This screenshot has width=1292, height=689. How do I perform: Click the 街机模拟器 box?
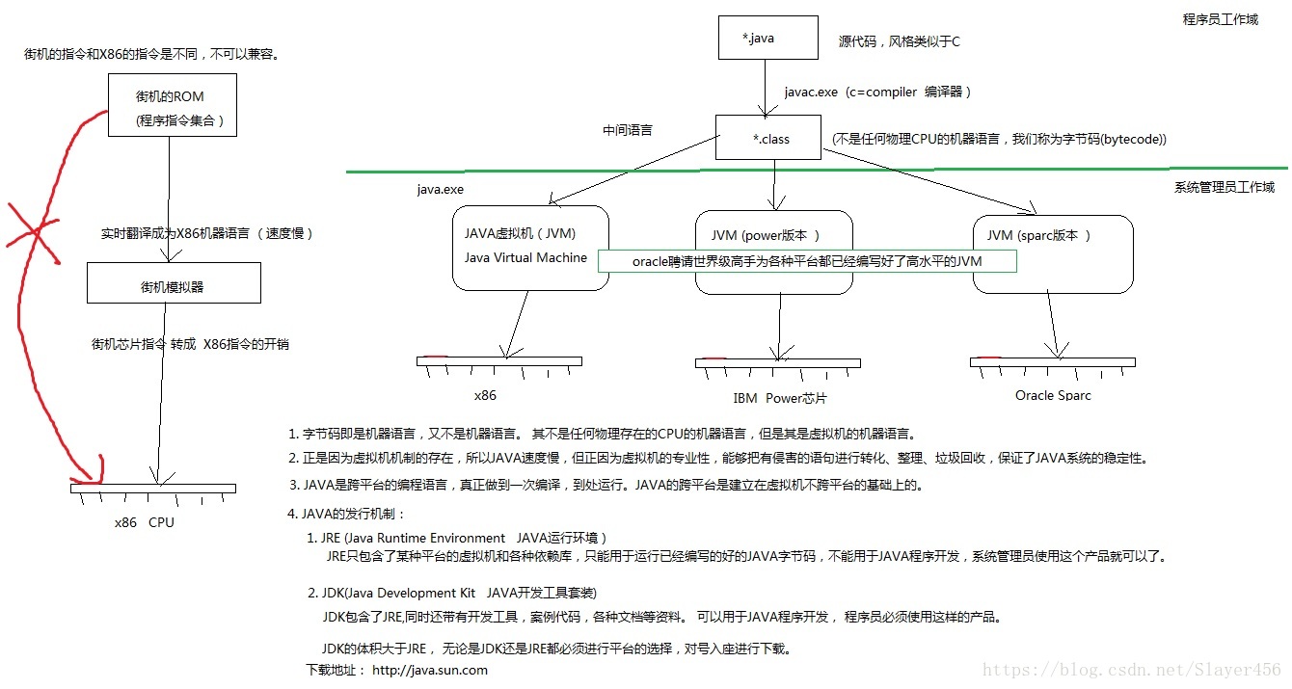(173, 285)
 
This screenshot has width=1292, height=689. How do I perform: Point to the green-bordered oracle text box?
(806, 261)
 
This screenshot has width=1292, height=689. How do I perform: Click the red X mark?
(32, 231)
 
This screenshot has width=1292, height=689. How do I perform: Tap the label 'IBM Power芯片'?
(779, 398)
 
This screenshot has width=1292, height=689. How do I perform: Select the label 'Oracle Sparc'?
(1053, 395)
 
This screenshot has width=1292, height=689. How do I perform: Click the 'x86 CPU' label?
(145, 522)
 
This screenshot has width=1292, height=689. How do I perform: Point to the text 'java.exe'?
(440, 190)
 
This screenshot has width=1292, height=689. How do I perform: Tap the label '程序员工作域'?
(1220, 19)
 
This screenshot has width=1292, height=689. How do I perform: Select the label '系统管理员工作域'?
(1224, 187)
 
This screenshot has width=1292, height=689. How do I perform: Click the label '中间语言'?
(627, 129)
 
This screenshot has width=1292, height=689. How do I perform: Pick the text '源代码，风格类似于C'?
(900, 41)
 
